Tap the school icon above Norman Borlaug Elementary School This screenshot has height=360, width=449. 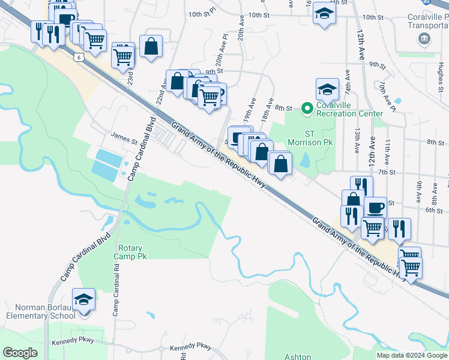tap(84, 299)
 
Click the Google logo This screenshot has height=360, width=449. tap(20, 353)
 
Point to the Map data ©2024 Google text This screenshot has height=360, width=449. tap(412, 355)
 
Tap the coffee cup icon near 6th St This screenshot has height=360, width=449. tap(375, 208)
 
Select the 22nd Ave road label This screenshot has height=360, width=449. tap(160, 91)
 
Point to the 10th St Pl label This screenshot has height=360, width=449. tap(201, 14)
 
